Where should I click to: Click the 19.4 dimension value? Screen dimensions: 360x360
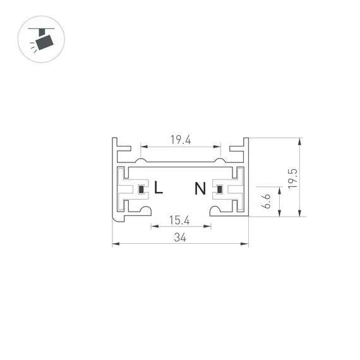[x=180, y=140]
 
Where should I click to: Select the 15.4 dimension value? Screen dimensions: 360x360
[x=180, y=220]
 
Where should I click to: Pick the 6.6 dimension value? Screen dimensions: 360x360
[x=267, y=202]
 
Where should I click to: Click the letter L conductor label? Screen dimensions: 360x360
[x=159, y=188]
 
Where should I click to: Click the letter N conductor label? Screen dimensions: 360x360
[x=200, y=188]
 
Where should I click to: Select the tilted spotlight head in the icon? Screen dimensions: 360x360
[x=45, y=42]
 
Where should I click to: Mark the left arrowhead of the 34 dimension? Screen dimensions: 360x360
[x=114, y=244]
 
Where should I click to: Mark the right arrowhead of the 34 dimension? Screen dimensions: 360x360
[x=246, y=244]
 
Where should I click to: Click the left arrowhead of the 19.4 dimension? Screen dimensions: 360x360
[x=142, y=147]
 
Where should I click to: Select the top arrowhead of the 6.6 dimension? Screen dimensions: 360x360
[x=279, y=189]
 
